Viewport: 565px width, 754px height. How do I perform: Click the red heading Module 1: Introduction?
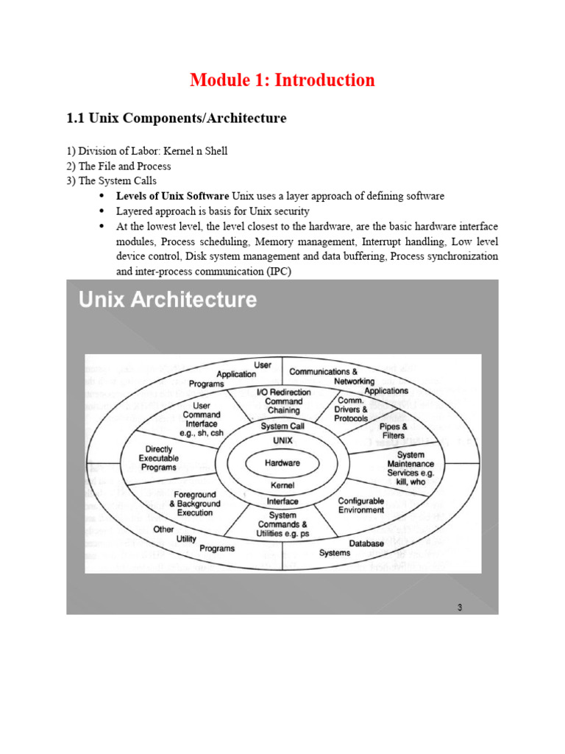pos(282,80)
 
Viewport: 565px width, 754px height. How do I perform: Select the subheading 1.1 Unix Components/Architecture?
pos(176,119)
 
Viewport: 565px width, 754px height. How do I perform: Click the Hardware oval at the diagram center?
pos(282,463)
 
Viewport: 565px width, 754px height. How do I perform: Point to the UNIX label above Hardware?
pos(282,440)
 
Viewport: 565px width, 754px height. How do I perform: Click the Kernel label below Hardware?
pos(282,485)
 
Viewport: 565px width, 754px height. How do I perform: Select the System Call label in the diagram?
pos(282,426)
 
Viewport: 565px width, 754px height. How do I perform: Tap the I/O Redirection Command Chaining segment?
pos(283,402)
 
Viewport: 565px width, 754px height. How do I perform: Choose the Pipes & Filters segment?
pos(394,431)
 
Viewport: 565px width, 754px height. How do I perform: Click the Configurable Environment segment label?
pos(360,505)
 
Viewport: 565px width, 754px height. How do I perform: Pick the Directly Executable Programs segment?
pos(158,457)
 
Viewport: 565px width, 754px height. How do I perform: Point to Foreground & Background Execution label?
pos(195,504)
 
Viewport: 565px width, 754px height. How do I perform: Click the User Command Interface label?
pos(201,419)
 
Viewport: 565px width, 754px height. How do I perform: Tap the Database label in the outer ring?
pos(366,543)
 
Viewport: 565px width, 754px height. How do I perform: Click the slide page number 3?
pos(460,607)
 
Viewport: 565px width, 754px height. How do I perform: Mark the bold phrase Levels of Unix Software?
pos(173,197)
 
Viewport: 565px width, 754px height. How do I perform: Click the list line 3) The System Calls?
pos(111,180)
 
